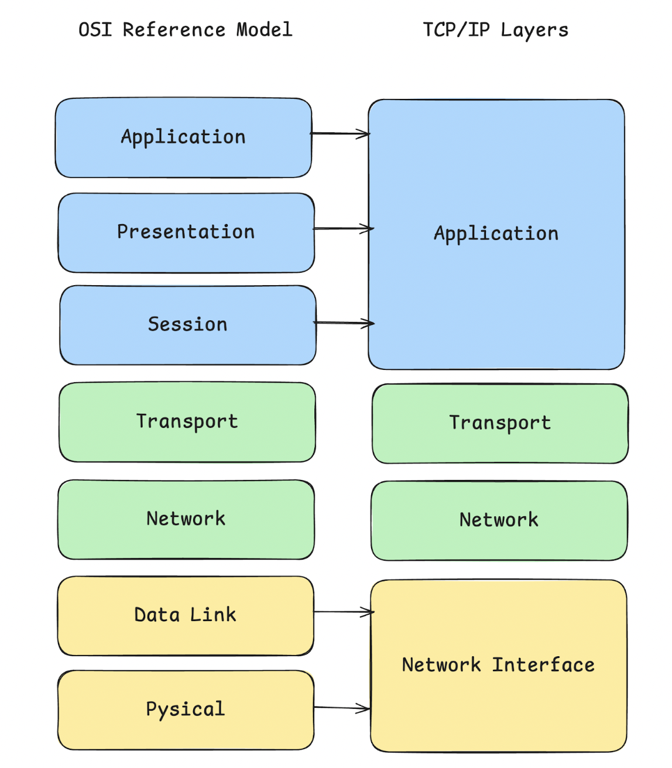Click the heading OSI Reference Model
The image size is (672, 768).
(185, 29)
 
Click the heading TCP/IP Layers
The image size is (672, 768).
(495, 30)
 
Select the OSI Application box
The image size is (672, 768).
(183, 138)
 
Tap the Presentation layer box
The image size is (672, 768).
(186, 232)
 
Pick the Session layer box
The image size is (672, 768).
(187, 325)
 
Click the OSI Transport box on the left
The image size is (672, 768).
(187, 421)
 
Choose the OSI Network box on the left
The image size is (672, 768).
(186, 519)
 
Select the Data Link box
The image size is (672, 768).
(186, 615)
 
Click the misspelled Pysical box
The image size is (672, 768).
(186, 709)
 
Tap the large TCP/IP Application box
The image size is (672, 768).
(496, 234)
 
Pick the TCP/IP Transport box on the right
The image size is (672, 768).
(500, 423)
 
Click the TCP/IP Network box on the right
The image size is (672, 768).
(499, 520)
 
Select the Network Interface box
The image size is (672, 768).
(498, 666)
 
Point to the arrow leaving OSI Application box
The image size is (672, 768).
(340, 134)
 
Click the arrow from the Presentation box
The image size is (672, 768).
(343, 228)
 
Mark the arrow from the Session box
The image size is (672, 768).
(344, 323)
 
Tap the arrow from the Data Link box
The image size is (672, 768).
(343, 612)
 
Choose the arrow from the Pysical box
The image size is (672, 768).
(342, 708)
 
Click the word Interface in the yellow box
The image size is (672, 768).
(543, 666)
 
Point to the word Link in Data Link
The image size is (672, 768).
(213, 615)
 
